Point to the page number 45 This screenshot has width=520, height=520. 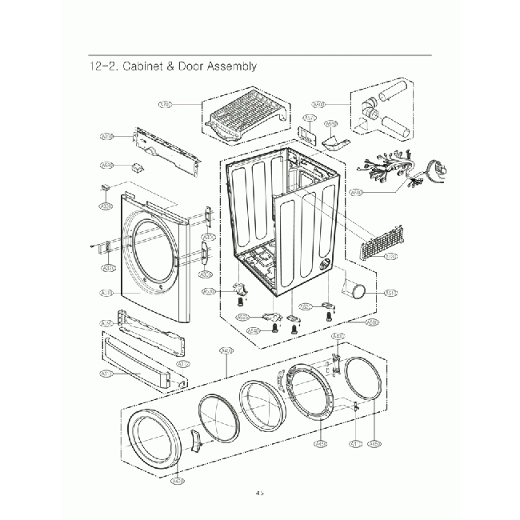[259, 494]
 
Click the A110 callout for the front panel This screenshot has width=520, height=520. [104, 295]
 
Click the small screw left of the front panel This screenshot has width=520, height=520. [94, 245]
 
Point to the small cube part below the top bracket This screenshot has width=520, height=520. [137, 167]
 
